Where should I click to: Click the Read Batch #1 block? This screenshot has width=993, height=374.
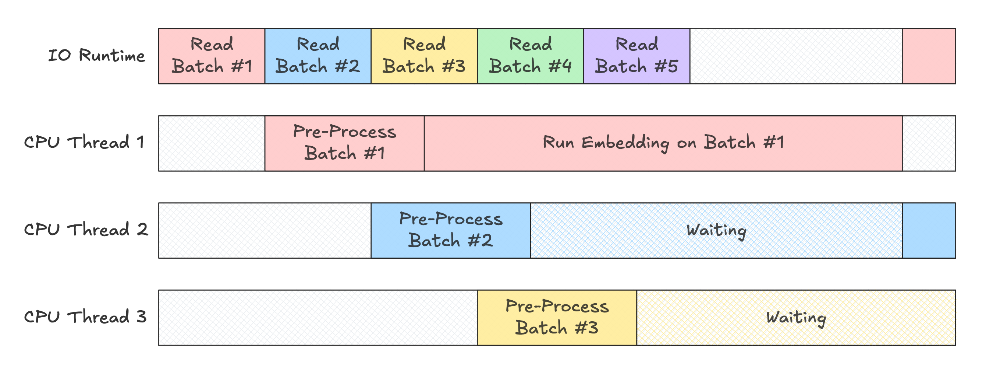(212, 56)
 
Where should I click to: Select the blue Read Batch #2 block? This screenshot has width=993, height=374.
(318, 56)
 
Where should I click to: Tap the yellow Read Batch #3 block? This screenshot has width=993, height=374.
(424, 56)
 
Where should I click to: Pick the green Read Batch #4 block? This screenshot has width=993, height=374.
(531, 56)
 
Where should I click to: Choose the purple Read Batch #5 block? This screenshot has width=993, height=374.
(636, 56)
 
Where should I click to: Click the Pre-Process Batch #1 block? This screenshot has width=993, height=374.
(344, 143)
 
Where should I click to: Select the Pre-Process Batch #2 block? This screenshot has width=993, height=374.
(451, 230)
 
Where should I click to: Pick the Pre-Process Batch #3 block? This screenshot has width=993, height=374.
(557, 317)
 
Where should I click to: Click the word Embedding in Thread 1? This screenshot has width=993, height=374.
(625, 143)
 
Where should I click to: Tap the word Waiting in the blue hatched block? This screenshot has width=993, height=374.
(716, 230)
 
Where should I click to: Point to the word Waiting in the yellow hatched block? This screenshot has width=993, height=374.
(796, 318)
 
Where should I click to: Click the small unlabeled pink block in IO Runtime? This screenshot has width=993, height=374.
(929, 56)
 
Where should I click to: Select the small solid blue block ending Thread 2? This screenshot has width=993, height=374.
(929, 230)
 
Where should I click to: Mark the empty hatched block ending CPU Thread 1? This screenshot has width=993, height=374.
(929, 143)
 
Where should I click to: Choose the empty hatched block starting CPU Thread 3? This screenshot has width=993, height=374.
(318, 317)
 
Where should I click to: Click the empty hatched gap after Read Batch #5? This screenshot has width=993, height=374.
(796, 56)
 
